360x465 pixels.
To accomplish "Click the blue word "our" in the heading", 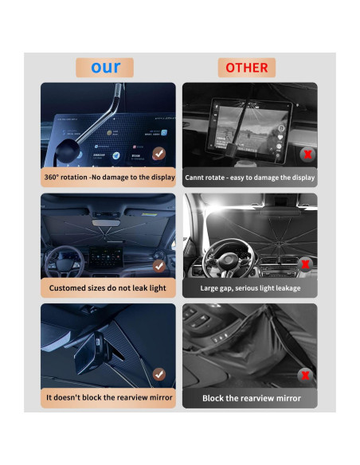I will [x=105, y=67].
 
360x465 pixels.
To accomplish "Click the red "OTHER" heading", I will [x=247, y=67].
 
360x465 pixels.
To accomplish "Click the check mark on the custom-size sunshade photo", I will [x=159, y=265].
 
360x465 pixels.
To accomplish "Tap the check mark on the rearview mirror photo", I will [x=159, y=373].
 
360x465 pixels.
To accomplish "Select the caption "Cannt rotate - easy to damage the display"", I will [x=250, y=178].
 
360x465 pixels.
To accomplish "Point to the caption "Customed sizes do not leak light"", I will [x=108, y=287].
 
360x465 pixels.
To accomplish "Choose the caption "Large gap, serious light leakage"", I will [x=250, y=287].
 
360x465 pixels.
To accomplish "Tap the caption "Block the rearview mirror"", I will [x=250, y=397].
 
